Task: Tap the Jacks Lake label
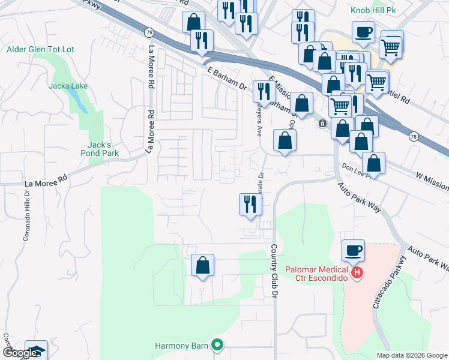pyautogui.click(x=68, y=86)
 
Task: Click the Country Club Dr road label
pyautogui.click(x=274, y=264)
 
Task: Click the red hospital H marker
pyautogui.click(x=357, y=273)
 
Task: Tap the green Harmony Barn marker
pyautogui.click(x=218, y=345)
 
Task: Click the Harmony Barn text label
pyautogui.click(x=181, y=346)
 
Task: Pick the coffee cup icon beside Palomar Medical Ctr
pyautogui.click(x=354, y=250)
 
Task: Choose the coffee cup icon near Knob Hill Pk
pyautogui.click(x=363, y=31)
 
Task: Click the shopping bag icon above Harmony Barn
pyautogui.click(x=203, y=265)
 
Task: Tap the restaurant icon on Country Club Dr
pyautogui.click(x=250, y=204)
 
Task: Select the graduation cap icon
pyautogui.click(x=36, y=350)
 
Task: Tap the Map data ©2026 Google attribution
pyautogui.click(x=411, y=355)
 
